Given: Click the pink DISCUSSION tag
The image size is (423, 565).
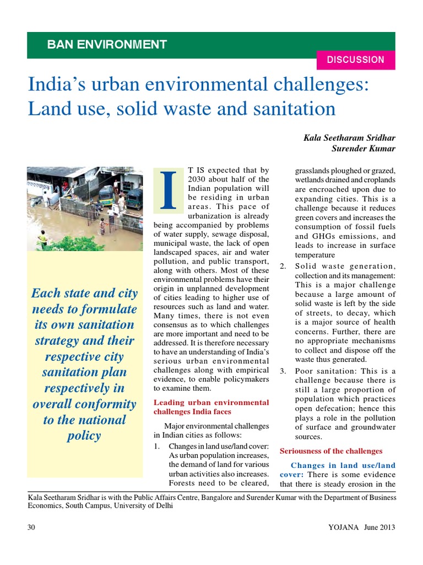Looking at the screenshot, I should click(355, 60).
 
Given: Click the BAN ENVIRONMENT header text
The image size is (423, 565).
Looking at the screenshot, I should click(107, 45).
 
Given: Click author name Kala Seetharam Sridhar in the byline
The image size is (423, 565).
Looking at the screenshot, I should click(349, 137).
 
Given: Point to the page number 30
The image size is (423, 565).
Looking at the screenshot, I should click(31, 527).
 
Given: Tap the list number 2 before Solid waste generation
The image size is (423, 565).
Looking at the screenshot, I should click(283, 266).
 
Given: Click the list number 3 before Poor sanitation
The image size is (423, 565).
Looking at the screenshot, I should click(283, 370).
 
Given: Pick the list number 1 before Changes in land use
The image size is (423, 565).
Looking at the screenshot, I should click(156, 446).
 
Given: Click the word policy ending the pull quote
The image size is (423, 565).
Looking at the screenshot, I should click(84, 436).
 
